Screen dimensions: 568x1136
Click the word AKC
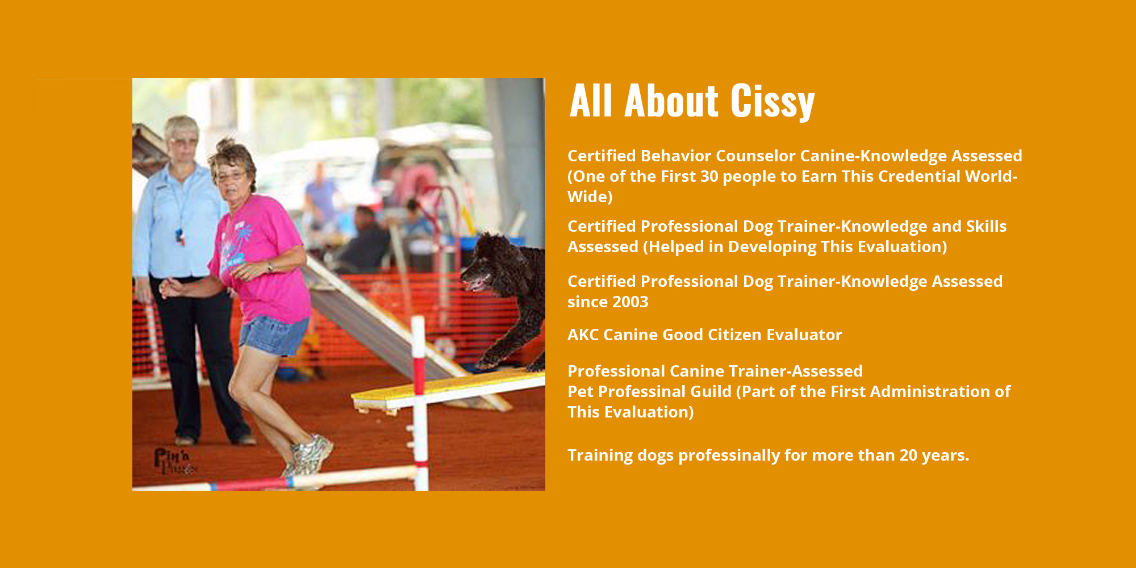pyautogui.click(x=583, y=335)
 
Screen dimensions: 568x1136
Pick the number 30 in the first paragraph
pyautogui.click(x=709, y=176)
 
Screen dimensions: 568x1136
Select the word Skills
pyautogui.click(x=986, y=226)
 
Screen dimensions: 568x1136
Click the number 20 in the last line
pyautogui.click(x=908, y=455)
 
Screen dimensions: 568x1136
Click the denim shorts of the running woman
pyautogui.click(x=274, y=336)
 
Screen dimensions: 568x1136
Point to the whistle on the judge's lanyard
pyautogui.click(x=180, y=236)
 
